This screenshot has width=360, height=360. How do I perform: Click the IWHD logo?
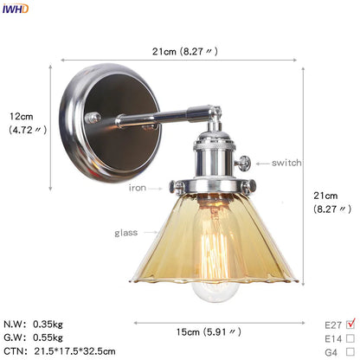[16, 9]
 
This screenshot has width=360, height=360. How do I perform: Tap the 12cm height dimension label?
[22, 123]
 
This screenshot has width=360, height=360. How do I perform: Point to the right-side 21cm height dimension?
[332, 200]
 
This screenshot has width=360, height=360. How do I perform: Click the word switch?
[286, 163]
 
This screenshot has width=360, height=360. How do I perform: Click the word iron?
[138, 187]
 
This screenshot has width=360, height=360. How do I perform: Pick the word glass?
[126, 233]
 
